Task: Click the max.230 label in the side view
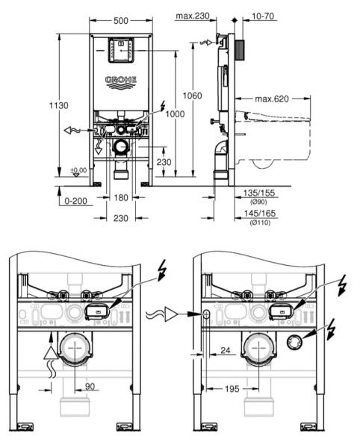click(192, 15)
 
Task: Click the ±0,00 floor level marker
click(78, 171)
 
